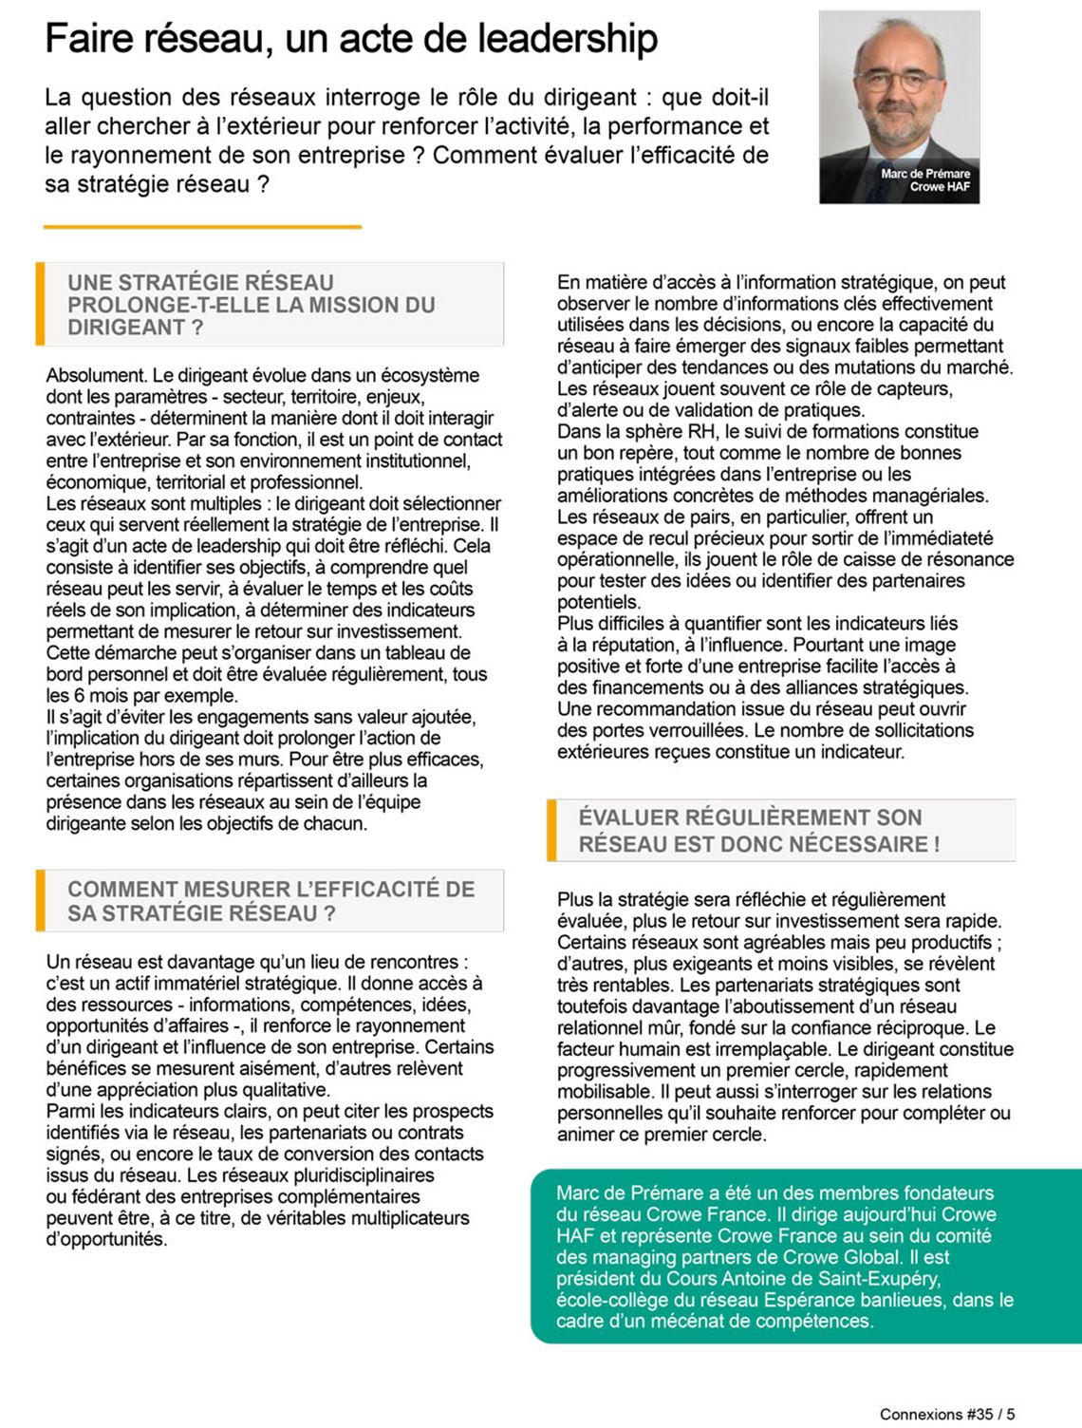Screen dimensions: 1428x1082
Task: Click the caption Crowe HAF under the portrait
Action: click(x=940, y=187)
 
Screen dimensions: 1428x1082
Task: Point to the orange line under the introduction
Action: click(x=202, y=227)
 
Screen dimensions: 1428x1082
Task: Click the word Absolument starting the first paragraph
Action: click(x=95, y=375)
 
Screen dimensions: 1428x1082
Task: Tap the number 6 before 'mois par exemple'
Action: click(x=79, y=695)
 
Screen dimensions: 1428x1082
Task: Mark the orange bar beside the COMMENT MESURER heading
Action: click(x=40, y=900)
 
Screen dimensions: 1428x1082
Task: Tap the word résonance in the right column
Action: click(x=967, y=559)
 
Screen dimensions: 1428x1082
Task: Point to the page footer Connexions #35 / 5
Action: click(x=947, y=1414)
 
